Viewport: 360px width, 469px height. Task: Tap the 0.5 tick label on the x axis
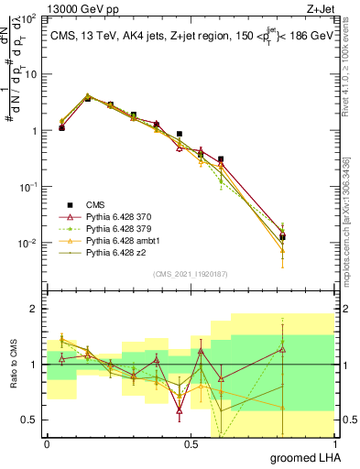[191, 442]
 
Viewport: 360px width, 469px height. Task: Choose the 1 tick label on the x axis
[334, 442]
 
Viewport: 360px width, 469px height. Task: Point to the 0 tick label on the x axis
[47, 442]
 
